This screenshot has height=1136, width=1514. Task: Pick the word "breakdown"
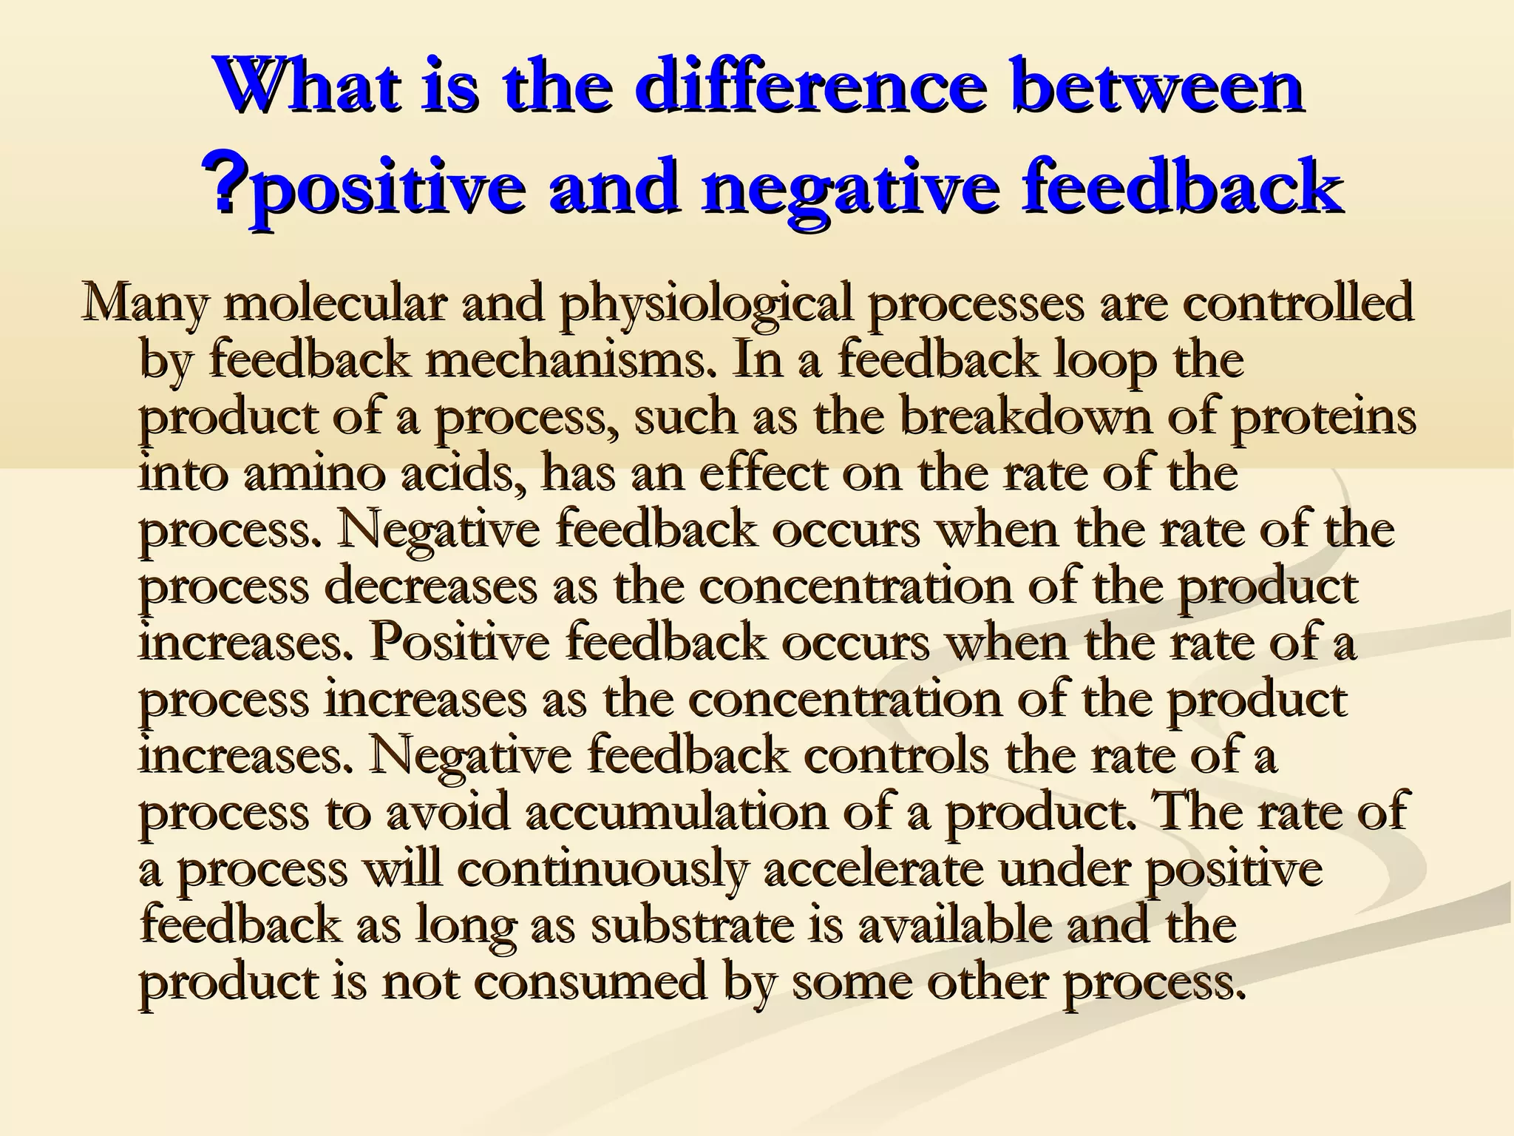pyautogui.click(x=1025, y=417)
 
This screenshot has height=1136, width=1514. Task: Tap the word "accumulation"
pyautogui.click(x=677, y=812)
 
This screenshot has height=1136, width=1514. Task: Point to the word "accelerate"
pyautogui.click(x=873, y=870)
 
